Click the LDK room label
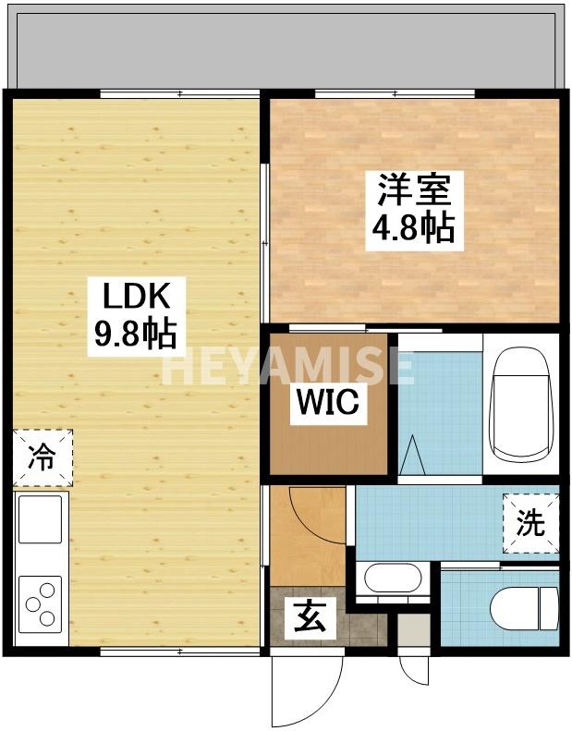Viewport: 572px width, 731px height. coord(134,298)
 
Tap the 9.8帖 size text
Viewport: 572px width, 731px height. coord(134,334)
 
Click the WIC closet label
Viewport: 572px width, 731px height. coord(327,405)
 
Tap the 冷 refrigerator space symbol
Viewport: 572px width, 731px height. coord(42,457)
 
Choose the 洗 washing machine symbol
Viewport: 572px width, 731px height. coord(530,525)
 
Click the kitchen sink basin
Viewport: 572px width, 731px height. coord(41,518)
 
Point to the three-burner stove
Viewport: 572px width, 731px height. coord(41,606)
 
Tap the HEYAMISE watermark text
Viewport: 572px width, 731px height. coord(286,368)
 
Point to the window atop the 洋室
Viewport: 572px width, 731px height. coord(395,93)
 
